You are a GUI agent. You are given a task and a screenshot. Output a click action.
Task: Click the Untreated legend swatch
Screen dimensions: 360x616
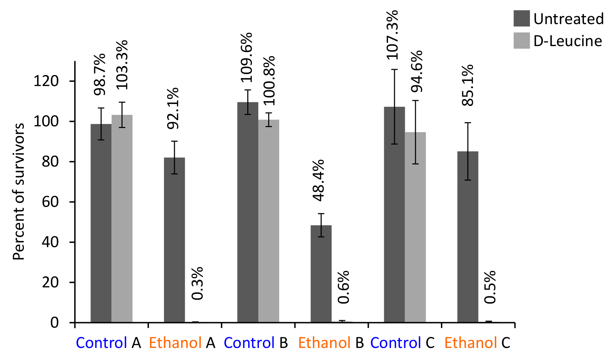[521, 19]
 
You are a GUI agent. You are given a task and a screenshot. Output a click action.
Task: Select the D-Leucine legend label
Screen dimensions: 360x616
[568, 41]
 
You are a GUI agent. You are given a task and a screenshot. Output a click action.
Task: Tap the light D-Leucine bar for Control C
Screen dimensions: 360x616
[415, 227]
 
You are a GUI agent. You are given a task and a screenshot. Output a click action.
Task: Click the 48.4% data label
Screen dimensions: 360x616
[319, 180]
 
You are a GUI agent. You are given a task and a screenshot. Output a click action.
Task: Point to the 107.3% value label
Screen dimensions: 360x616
[392, 35]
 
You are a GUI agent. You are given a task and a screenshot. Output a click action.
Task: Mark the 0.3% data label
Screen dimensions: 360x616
[198, 283]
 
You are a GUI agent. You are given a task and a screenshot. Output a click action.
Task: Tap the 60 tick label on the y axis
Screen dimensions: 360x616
[50, 202]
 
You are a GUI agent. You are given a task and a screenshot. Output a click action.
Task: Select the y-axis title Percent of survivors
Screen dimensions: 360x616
[19, 191]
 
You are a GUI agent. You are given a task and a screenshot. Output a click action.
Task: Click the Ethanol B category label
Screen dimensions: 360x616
[331, 343]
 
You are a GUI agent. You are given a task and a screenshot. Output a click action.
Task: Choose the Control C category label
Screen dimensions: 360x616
[402, 343]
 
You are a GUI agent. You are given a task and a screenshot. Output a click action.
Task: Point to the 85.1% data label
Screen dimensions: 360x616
[468, 85]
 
